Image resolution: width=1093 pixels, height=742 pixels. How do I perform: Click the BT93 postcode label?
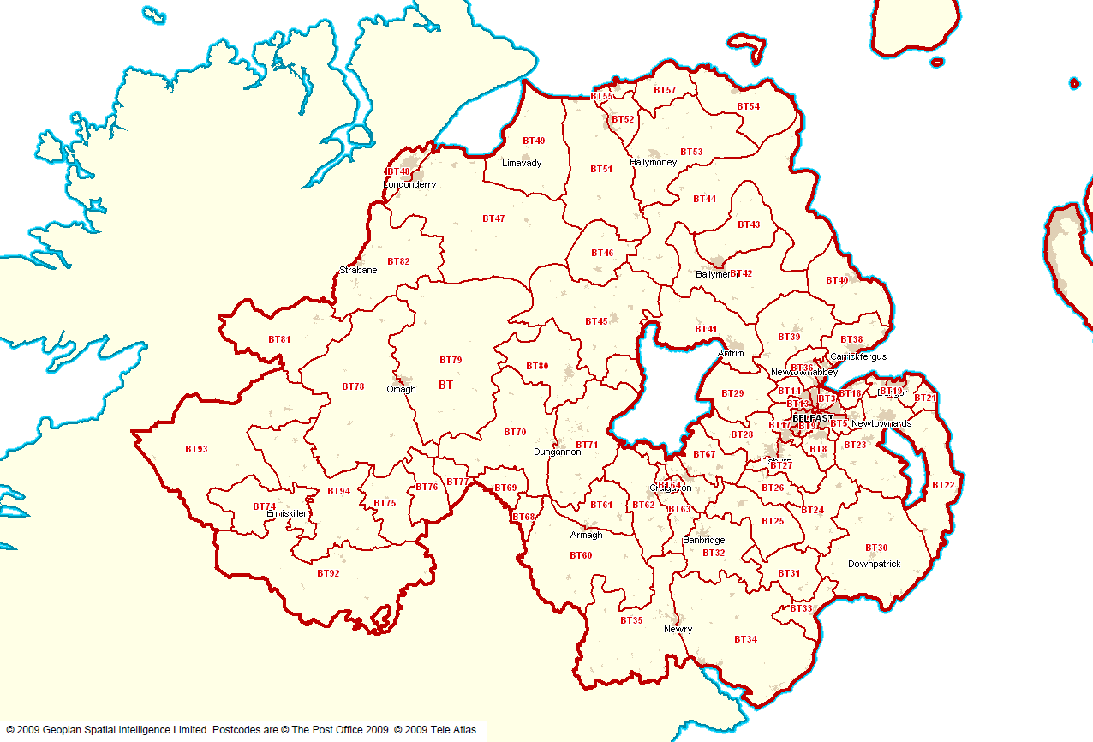click(196, 449)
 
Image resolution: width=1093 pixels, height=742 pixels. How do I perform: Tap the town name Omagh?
click(401, 389)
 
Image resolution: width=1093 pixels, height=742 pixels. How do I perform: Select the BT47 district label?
click(493, 218)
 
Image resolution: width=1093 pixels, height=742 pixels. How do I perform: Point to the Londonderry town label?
click(410, 184)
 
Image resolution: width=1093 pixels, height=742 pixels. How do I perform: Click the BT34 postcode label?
click(745, 639)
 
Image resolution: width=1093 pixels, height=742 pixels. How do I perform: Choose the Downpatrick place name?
click(874, 564)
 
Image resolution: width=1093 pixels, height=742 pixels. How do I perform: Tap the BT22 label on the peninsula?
click(943, 485)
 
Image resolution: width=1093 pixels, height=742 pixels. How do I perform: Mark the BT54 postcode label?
click(748, 106)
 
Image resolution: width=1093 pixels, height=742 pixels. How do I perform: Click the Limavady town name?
click(522, 163)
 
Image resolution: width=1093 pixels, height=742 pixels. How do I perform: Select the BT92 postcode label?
click(328, 573)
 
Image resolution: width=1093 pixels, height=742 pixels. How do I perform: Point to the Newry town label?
click(678, 629)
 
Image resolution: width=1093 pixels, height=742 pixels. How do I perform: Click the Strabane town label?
click(358, 270)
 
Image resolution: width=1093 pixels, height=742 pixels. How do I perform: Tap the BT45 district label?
click(596, 321)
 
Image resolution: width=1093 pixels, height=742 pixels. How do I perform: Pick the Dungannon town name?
click(557, 452)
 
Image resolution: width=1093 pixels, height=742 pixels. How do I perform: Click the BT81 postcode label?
click(279, 339)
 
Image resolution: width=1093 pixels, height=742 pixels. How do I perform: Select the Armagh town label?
click(586, 535)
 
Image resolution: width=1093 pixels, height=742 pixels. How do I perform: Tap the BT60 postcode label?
click(581, 555)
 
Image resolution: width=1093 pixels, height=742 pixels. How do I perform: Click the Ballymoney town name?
click(653, 162)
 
